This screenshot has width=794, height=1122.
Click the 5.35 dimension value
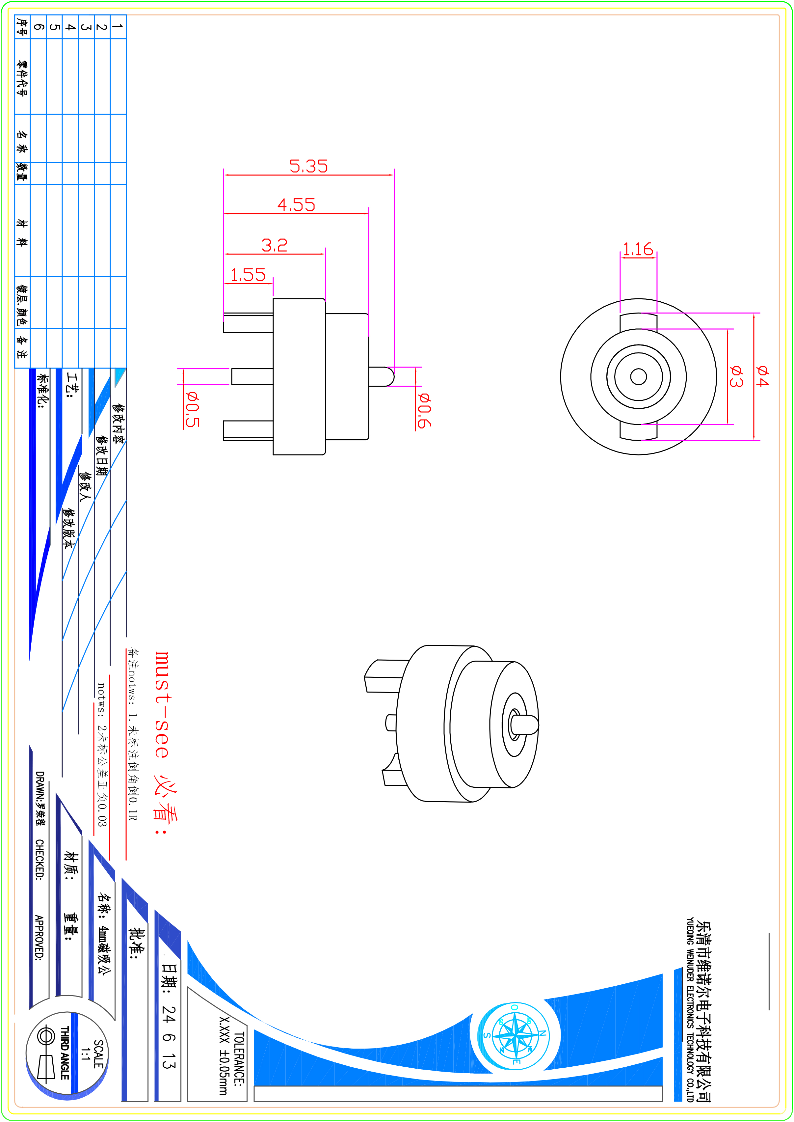pos(308,166)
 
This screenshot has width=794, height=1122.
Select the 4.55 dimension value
pos(296,205)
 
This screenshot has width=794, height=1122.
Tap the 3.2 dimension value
pos(274,245)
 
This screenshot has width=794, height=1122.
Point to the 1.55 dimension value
pos(248,275)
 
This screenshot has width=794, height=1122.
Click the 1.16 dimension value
pos(638,249)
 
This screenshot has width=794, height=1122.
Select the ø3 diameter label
pos(736,376)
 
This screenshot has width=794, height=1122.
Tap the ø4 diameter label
pos(762,376)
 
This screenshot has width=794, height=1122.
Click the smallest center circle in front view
pos(639,377)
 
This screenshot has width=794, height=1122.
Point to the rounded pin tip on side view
pos(389,377)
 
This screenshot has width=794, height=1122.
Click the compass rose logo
pos(516,1034)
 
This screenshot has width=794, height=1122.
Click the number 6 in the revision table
pos(39,27)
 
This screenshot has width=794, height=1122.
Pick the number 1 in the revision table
pos(118,27)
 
